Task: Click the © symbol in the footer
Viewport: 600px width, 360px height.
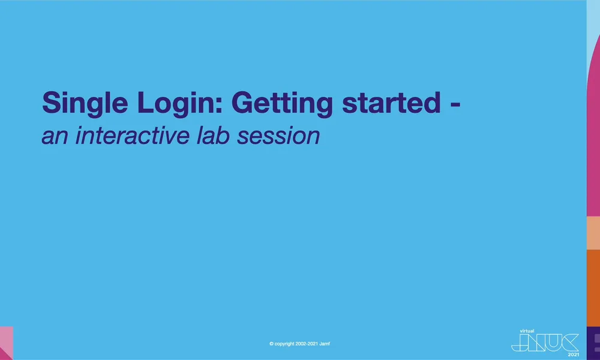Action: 272,344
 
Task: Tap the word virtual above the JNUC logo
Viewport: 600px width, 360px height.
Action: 527,331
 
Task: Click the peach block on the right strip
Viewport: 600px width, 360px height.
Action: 593,233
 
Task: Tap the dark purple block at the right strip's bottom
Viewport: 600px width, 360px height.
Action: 593,343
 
